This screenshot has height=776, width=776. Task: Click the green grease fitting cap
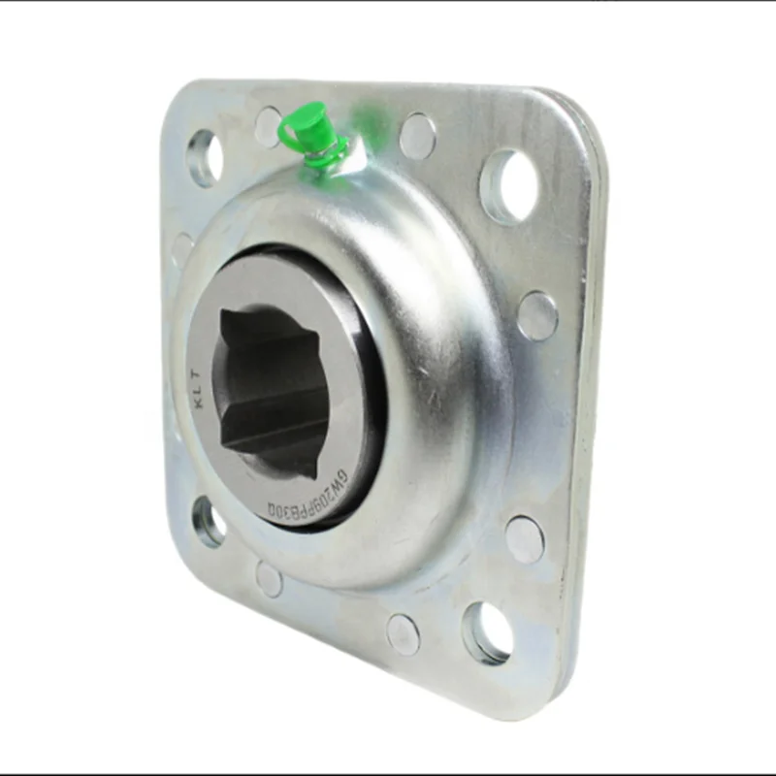(x=314, y=117)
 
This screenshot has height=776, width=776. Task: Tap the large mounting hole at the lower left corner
(x=209, y=523)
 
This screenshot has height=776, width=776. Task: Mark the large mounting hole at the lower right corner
(x=485, y=631)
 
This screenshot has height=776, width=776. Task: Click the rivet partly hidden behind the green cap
(x=269, y=127)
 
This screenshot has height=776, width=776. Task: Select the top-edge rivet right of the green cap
(x=417, y=136)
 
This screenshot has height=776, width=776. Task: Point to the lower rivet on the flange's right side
(x=525, y=539)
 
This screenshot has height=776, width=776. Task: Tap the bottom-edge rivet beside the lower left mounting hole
(x=269, y=579)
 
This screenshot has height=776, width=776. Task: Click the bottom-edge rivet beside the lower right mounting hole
(x=403, y=633)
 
